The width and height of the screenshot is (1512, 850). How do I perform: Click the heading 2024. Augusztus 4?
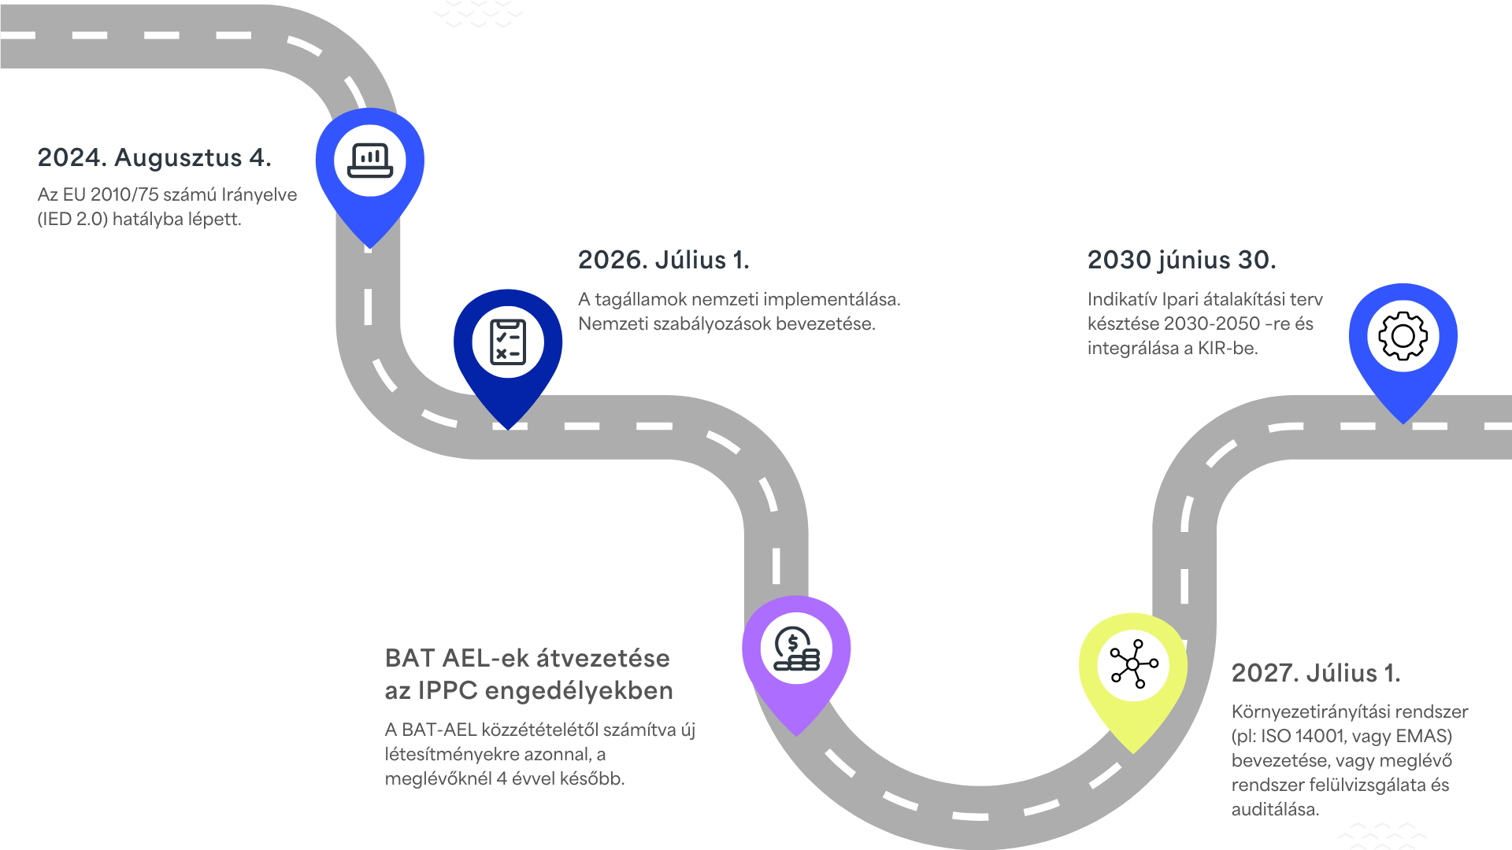pos(154,157)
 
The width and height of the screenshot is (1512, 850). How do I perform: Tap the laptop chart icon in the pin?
pos(370,160)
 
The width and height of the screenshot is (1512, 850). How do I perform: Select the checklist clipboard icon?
pos(508,342)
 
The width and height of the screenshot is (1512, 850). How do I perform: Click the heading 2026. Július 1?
pos(663,260)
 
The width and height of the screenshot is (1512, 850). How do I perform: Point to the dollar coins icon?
pos(796,649)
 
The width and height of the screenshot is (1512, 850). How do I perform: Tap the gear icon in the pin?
pos(1403,336)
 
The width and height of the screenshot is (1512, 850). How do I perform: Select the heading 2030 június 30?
pos(1181,260)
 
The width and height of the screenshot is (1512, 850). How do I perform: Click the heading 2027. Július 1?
pos(1315,673)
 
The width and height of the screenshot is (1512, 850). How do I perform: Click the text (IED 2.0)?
pos(72,219)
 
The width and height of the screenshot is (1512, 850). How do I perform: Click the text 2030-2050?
pos(1212,323)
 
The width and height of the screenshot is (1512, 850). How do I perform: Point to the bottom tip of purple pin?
pos(796,735)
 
